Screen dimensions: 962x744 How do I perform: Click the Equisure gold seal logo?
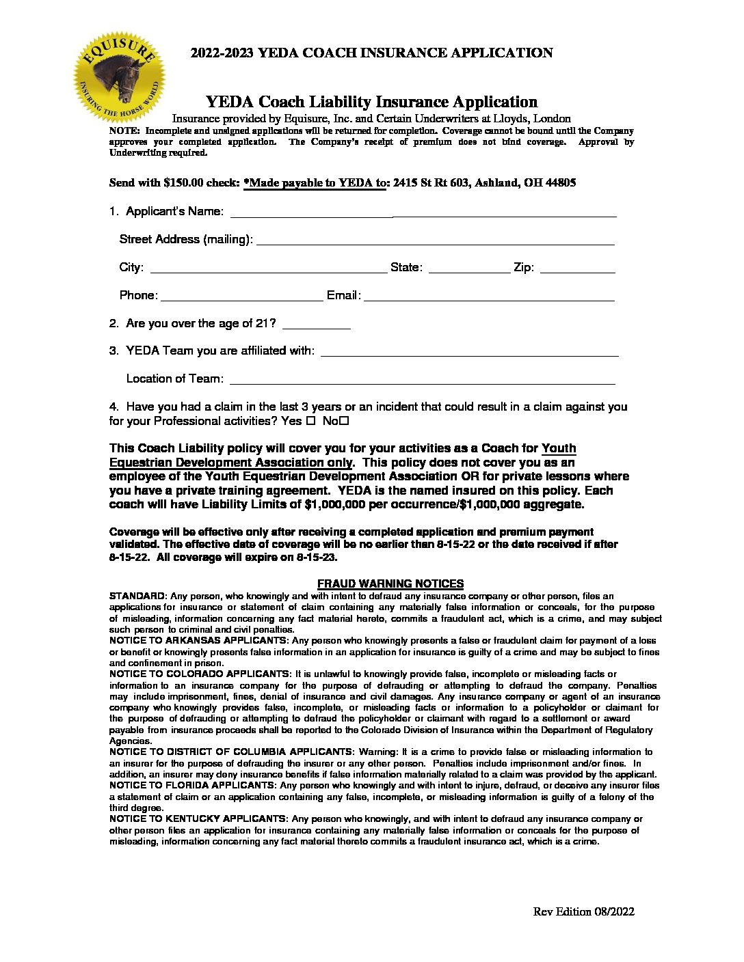[x=120, y=77]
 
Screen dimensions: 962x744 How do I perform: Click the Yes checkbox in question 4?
[x=310, y=421]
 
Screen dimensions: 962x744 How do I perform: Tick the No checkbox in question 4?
[x=344, y=421]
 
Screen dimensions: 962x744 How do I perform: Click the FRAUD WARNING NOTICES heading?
[x=390, y=583]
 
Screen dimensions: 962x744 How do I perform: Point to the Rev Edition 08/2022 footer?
[x=583, y=911]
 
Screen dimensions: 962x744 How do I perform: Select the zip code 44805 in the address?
[x=560, y=183]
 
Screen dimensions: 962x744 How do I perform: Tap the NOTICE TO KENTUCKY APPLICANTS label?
[x=198, y=819]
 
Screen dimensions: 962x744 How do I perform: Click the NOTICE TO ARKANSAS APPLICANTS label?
[x=198, y=640]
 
